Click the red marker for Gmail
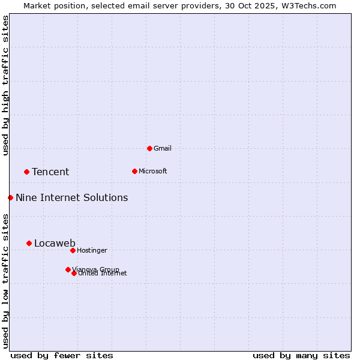149,148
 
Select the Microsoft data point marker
134,171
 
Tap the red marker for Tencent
26,172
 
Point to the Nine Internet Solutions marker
10,197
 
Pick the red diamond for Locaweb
29,243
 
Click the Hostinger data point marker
73,250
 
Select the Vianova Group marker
68,269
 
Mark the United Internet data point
74,273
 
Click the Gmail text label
163,148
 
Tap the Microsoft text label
152,171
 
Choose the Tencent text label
50,172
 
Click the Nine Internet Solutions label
71,198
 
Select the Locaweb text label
55,243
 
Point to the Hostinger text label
92,250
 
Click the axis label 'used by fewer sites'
62,355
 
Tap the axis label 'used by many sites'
301,355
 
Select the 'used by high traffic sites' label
5,85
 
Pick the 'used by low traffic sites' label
5,280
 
